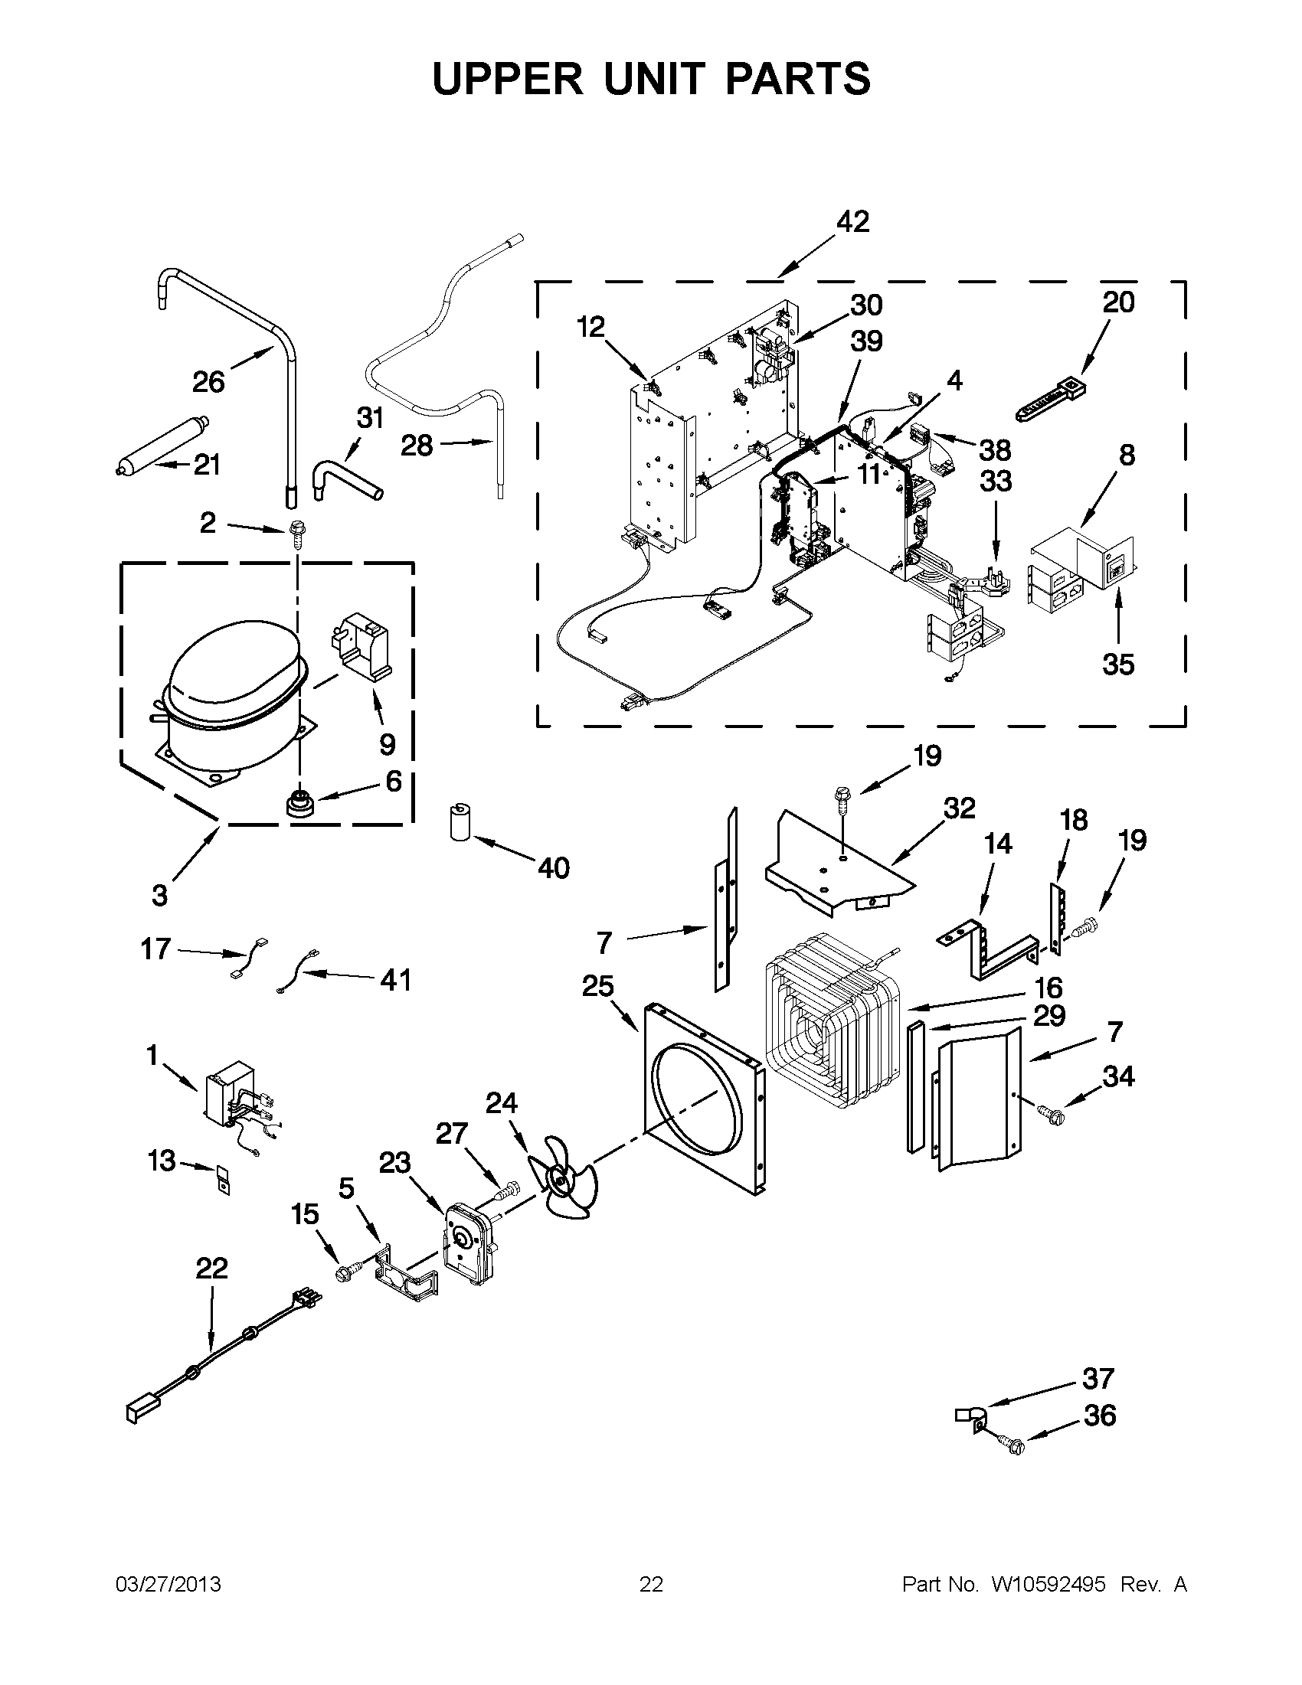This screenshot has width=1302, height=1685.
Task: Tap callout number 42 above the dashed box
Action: tap(853, 221)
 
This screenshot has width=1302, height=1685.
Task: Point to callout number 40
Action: tap(554, 868)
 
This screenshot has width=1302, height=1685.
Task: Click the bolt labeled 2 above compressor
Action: tap(295, 531)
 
